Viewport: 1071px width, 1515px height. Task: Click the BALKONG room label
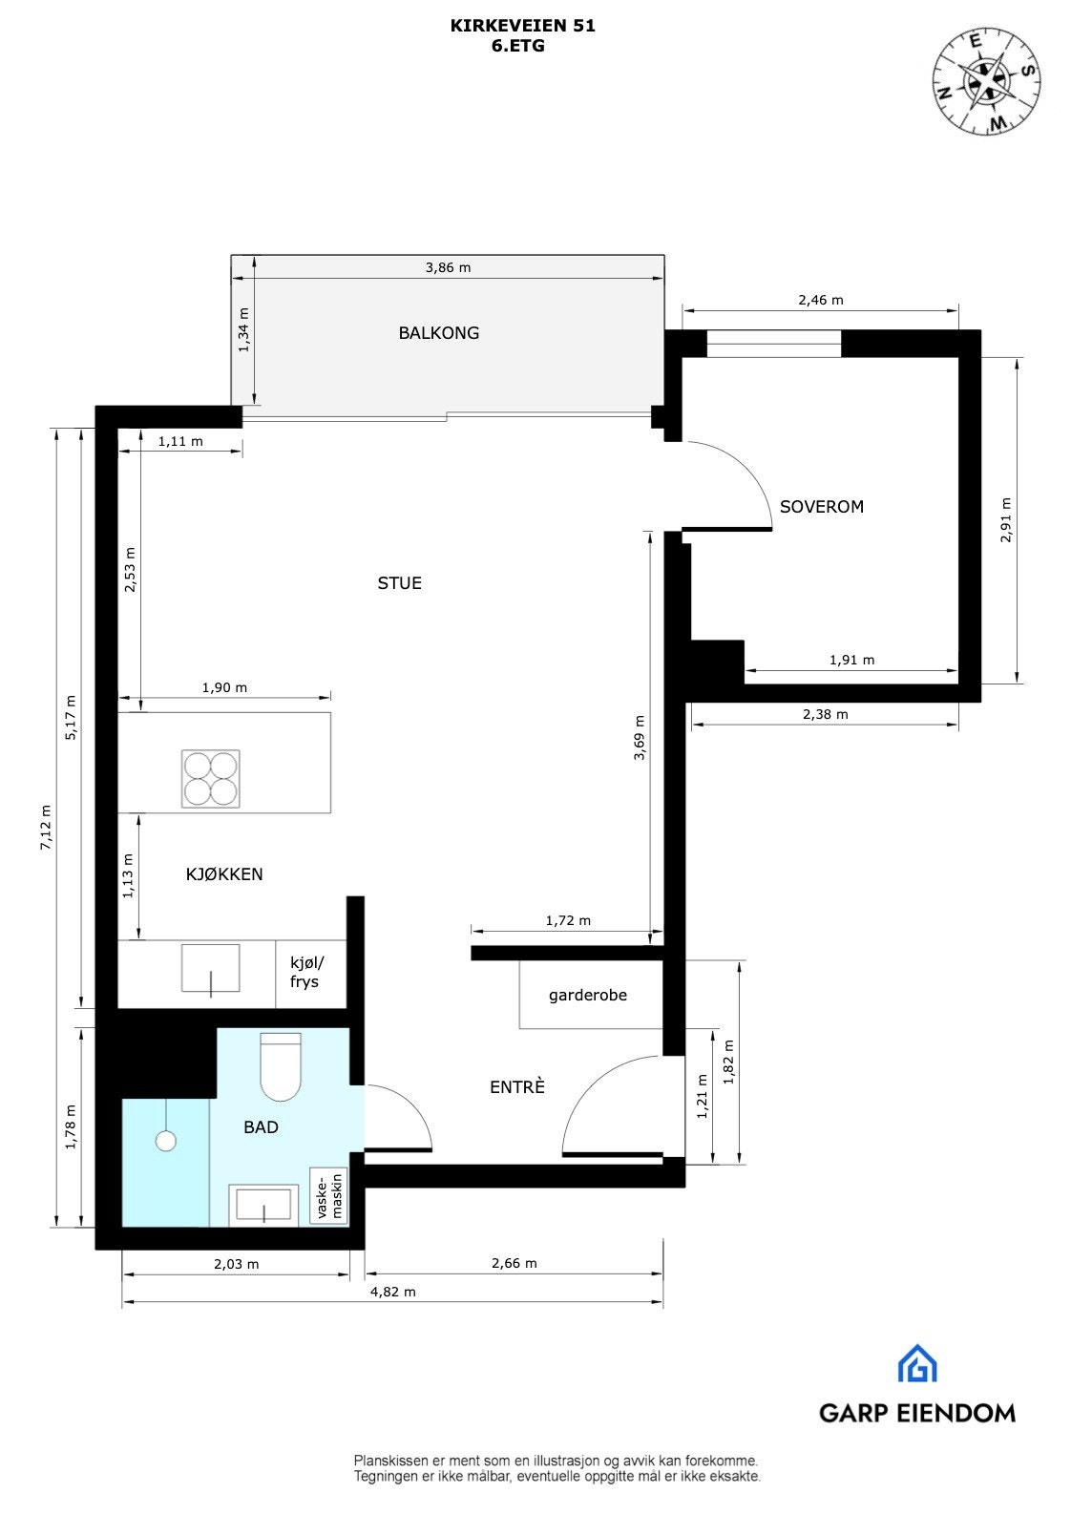[x=438, y=333]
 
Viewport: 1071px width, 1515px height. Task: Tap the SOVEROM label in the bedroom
[x=821, y=507]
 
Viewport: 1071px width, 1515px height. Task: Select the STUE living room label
[x=399, y=583]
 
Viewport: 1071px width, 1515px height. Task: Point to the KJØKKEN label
[x=224, y=874]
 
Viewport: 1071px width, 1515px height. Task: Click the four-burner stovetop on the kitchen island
[x=211, y=779]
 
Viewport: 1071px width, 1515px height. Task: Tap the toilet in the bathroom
[x=281, y=1067]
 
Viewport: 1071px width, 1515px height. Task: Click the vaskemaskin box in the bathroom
[x=327, y=1197]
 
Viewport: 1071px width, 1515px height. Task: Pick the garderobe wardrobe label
[x=587, y=995]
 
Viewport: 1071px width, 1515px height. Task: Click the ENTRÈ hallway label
[x=516, y=1087]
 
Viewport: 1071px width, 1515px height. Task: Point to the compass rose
[x=986, y=79]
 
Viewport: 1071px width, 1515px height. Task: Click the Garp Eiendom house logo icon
[x=916, y=1364]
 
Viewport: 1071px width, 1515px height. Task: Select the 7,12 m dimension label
[x=45, y=828]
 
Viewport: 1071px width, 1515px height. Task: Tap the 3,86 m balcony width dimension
[x=448, y=268]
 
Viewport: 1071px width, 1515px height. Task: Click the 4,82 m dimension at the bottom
[x=392, y=1293]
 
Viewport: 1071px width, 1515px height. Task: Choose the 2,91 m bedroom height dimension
[x=1005, y=520]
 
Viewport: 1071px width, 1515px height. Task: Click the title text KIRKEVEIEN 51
[x=522, y=27]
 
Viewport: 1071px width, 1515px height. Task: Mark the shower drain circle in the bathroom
[x=166, y=1141]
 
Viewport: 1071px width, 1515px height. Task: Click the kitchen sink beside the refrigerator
[x=211, y=969]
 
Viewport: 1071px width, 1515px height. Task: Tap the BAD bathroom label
[x=261, y=1127]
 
